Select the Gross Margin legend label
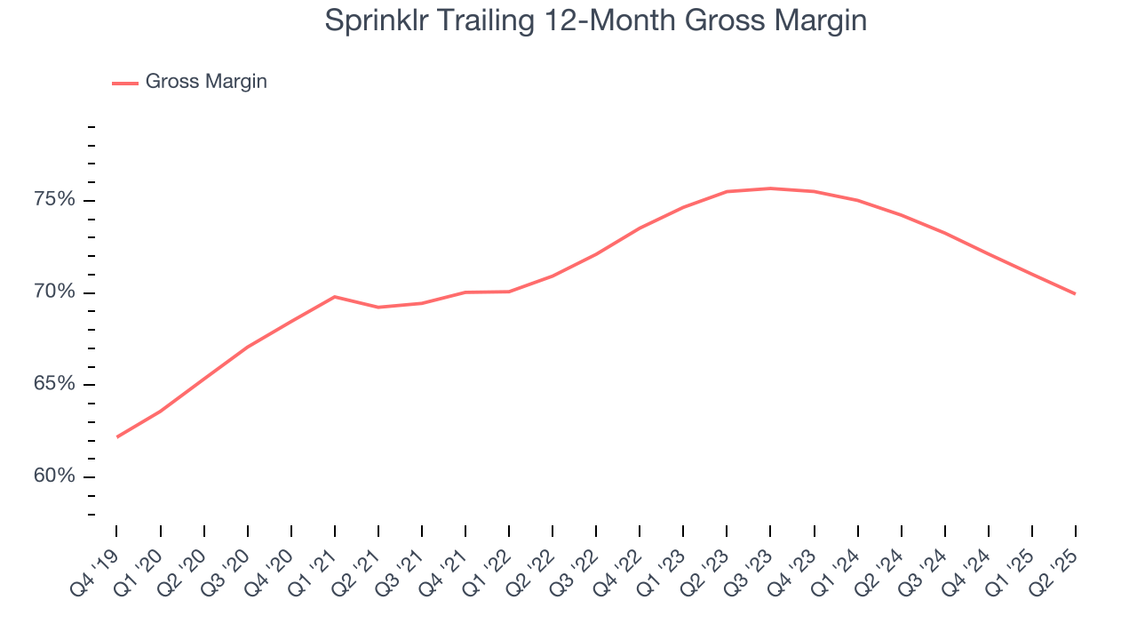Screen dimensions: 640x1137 (x=206, y=82)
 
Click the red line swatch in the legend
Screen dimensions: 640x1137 (x=125, y=83)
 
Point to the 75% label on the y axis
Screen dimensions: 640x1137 (x=54, y=200)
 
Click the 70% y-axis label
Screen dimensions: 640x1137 (x=54, y=292)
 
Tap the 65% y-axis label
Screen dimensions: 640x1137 (x=54, y=385)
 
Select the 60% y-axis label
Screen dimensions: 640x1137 (x=54, y=477)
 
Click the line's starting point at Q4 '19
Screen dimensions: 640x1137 (x=117, y=436)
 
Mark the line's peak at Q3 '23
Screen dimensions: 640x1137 (x=770, y=188)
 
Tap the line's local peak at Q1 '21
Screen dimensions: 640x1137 (x=334, y=296)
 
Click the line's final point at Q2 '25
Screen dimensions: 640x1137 (x=1075, y=293)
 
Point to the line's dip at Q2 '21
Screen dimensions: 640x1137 (x=378, y=308)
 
